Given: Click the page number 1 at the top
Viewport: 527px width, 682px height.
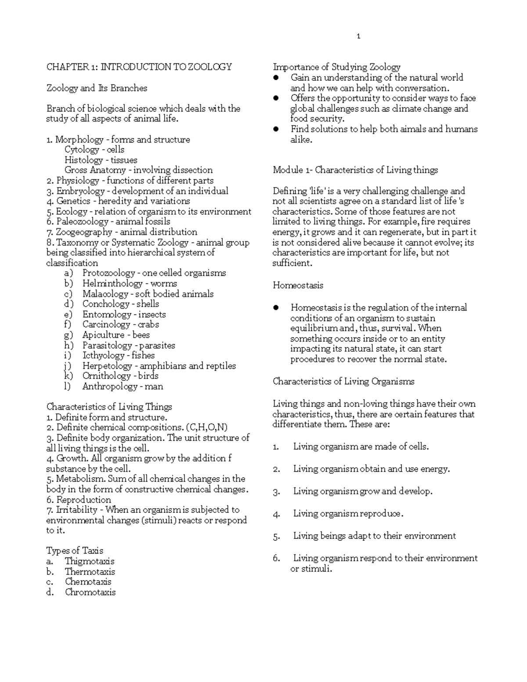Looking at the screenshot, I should coord(358,36).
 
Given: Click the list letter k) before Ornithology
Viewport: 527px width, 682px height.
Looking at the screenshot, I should coord(68,376).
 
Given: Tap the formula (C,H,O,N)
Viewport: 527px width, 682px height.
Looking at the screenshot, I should coord(206,427).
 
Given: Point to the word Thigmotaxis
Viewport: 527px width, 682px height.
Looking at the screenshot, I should coord(90,561).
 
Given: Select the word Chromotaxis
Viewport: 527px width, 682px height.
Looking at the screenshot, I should coord(90,592).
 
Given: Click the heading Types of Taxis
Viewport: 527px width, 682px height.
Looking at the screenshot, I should coord(75,551).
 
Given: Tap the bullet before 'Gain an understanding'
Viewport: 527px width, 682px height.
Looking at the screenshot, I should coord(276,78).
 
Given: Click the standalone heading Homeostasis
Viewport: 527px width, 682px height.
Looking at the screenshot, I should coord(298,285).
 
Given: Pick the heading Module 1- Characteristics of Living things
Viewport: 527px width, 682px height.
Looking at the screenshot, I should coord(355,170).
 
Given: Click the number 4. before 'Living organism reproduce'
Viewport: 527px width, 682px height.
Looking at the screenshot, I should coord(276,514).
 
